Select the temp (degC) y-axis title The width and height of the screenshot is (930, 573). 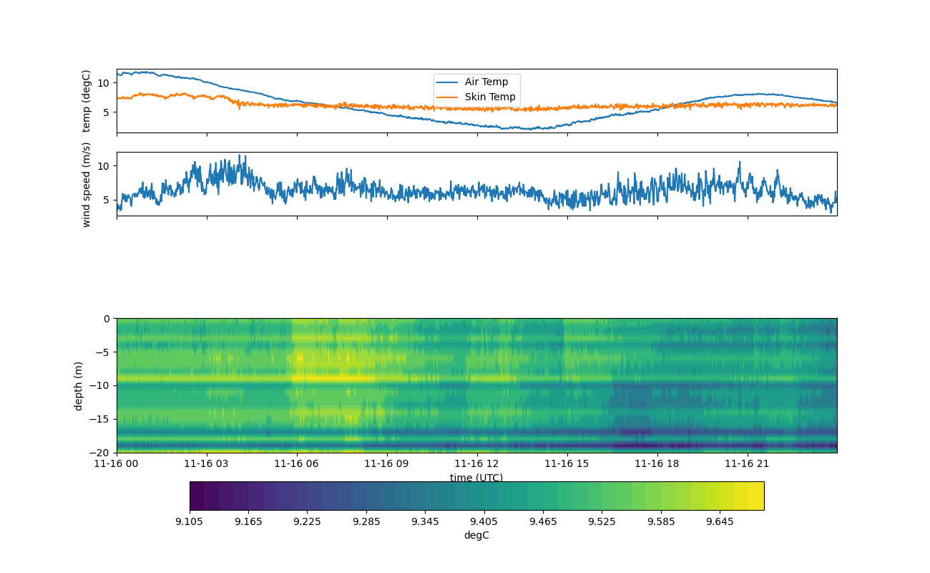[x=87, y=101]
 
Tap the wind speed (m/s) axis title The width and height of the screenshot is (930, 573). [x=87, y=184]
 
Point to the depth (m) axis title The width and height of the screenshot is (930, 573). [x=79, y=385]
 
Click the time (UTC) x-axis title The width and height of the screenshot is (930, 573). [x=476, y=478]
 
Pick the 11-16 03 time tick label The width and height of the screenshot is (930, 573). [x=207, y=463]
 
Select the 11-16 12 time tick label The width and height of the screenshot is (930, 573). [x=477, y=463]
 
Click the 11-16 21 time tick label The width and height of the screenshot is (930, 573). [x=748, y=463]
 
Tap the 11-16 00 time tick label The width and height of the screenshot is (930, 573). [x=117, y=463]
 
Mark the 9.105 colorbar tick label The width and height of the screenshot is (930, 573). [x=190, y=521]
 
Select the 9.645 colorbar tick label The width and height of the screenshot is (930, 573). [x=720, y=521]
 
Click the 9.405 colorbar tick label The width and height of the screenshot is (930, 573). [x=484, y=521]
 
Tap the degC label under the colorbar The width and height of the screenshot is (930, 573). [x=476, y=535]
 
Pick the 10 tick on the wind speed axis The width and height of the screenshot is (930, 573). [x=103, y=166]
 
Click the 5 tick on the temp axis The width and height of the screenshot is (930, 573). [x=106, y=112]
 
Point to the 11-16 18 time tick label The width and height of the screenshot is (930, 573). [x=657, y=463]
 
